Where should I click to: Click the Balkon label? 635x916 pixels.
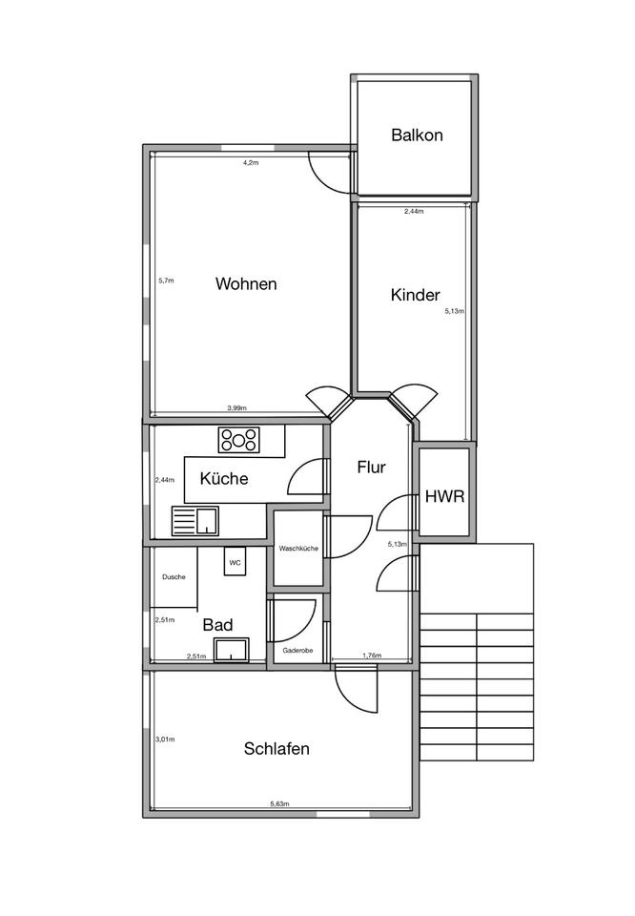point(417,135)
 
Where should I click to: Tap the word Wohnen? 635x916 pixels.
point(246,284)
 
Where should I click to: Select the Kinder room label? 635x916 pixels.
point(415,295)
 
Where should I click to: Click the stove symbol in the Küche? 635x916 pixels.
point(238,440)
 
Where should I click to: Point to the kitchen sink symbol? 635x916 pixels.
point(195,521)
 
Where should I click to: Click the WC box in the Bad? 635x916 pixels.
point(235,561)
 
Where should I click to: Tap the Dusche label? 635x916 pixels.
point(174,577)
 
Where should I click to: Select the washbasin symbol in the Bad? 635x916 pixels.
point(232,650)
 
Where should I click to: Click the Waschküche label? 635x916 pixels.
point(298,549)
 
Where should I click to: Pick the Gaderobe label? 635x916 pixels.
point(297,650)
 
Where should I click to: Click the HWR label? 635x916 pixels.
point(444,497)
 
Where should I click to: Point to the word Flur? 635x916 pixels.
point(371,468)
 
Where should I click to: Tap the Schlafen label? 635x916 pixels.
point(277,749)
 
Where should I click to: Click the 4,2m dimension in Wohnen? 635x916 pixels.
point(251,163)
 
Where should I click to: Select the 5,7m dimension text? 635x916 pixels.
point(166,281)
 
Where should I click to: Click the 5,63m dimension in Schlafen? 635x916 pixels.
point(279,803)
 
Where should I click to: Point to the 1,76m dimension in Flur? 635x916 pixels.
point(372,656)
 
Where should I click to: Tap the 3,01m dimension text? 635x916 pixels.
point(165,739)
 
